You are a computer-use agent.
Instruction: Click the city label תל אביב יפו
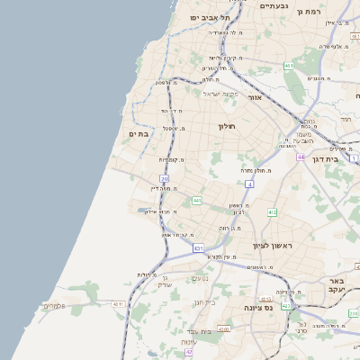[210, 17]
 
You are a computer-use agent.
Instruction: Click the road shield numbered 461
[288, 66]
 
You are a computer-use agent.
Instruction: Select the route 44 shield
[301, 156]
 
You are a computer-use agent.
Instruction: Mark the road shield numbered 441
[197, 200]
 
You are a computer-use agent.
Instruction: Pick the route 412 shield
[272, 212]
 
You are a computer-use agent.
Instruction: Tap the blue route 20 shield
[165, 179]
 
